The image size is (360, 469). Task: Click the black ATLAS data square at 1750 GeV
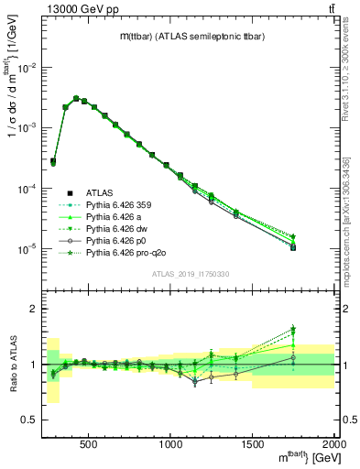pos(293,247)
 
